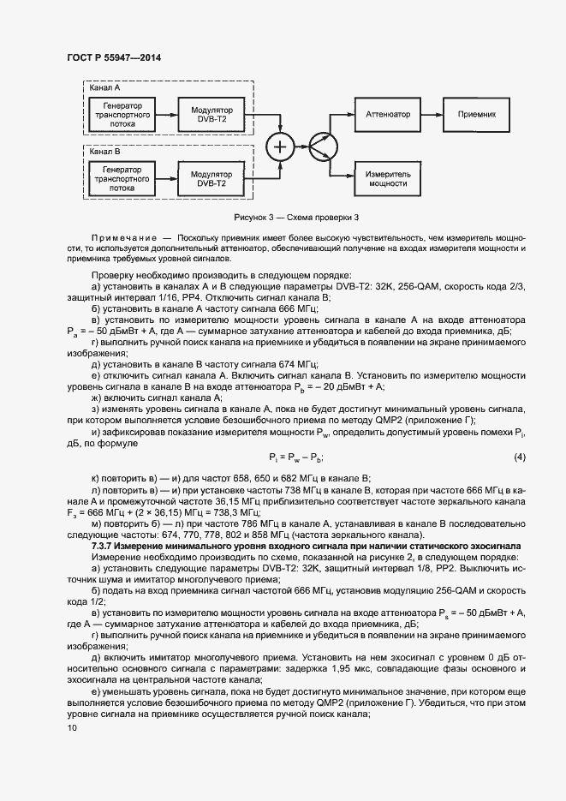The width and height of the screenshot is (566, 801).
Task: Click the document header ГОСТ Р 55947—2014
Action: click(x=113, y=57)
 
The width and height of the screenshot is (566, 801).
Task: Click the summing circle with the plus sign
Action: click(x=279, y=146)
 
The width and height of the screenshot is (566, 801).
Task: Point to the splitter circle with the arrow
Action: click(x=320, y=146)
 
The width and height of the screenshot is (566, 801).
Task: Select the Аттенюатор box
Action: click(x=388, y=114)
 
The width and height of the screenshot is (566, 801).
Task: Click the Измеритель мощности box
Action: click(x=388, y=177)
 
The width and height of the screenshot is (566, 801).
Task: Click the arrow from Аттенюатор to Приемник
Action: click(x=432, y=114)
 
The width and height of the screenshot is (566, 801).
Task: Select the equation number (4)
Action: click(x=519, y=457)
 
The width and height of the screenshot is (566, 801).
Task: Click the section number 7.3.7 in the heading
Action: click(x=104, y=546)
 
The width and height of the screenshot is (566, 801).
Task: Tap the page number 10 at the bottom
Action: click(x=71, y=727)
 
